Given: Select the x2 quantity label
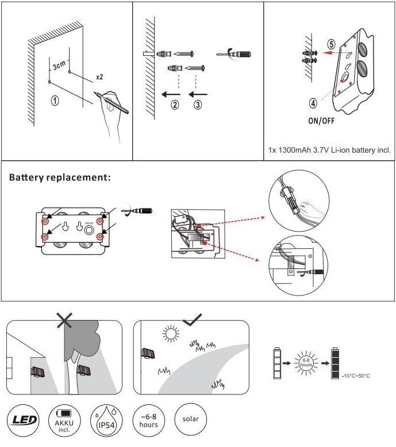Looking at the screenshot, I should click(x=99, y=76).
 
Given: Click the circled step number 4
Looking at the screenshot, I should click(x=313, y=104).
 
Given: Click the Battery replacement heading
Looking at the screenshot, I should click(x=60, y=177).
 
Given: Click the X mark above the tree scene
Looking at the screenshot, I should click(x=64, y=319).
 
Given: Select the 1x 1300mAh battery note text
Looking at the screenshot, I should click(x=329, y=150).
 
